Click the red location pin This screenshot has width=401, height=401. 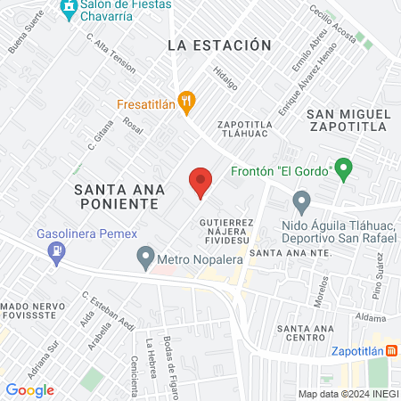pos(200,182)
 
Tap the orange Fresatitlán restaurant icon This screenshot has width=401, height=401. pos(185,102)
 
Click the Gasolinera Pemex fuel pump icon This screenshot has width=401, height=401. pos(58,252)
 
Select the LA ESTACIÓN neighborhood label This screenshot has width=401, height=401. pos(218,45)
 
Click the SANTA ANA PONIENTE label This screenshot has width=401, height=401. pos(116,196)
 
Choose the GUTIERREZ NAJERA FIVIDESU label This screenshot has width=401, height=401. pos(227,230)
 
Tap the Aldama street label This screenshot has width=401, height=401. pos(371,318)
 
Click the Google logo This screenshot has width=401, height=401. pos(29,390)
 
